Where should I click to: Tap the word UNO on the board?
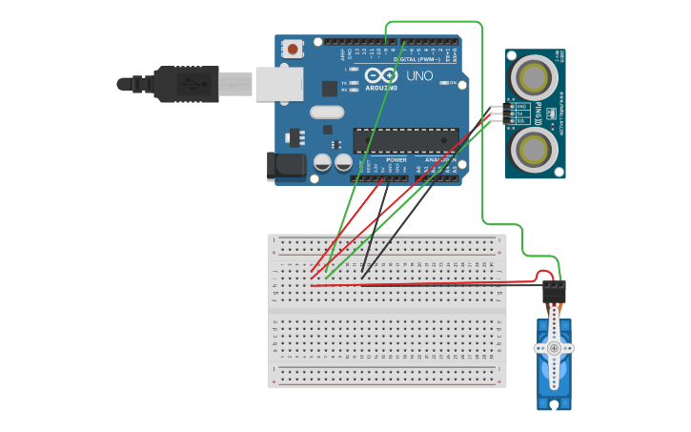[x=419, y=75]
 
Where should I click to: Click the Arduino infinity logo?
[x=382, y=75]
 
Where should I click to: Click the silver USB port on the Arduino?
[x=279, y=84]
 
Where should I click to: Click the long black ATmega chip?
[x=405, y=141]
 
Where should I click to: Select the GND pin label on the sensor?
[x=521, y=107]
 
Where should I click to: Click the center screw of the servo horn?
[x=554, y=349]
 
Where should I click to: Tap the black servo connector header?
[x=554, y=292]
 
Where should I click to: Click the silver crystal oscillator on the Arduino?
[x=326, y=113]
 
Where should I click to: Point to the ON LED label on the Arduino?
[x=451, y=83]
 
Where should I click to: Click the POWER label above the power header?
[x=396, y=159]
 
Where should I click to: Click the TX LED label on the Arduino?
[x=349, y=83]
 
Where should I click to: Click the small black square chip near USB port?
[x=330, y=88]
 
